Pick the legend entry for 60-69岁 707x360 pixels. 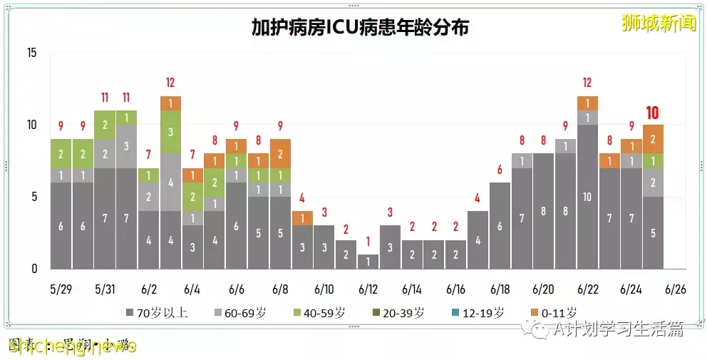246,312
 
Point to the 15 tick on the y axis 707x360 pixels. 31,53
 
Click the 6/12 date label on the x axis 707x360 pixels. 368,289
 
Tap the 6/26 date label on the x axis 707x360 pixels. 675,289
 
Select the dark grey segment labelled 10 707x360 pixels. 587,197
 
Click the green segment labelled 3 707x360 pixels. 170,132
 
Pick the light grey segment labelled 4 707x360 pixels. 170,182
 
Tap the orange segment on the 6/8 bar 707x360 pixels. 280,153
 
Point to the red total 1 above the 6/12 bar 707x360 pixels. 368,241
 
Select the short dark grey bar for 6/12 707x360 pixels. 368,262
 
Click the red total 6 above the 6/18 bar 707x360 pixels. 500,170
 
